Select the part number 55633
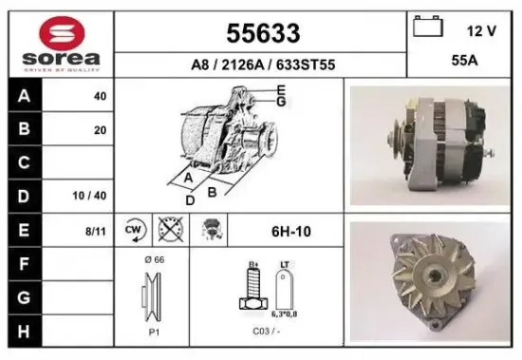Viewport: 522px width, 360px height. click(x=263, y=33)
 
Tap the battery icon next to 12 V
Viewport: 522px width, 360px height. click(x=425, y=26)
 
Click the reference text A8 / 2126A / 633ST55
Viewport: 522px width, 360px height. click(x=263, y=65)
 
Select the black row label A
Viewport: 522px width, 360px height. click(x=23, y=96)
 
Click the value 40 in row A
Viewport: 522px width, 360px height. click(x=100, y=96)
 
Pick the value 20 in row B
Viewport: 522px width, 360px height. click(x=100, y=130)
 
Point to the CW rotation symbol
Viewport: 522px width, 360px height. click(x=134, y=230)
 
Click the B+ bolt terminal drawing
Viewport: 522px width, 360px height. click(x=253, y=288)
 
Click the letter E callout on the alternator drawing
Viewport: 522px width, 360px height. click(x=281, y=90)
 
